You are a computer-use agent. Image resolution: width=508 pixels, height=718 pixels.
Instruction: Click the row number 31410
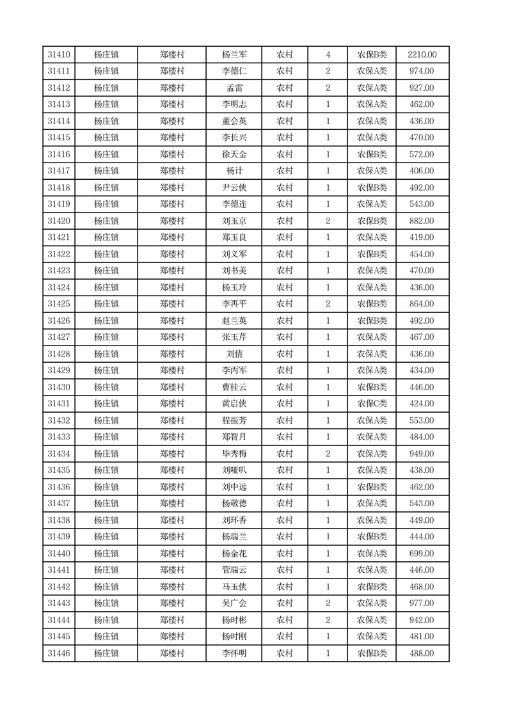pos(59,55)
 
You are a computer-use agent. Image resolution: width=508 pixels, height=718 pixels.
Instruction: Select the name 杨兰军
pos(234,55)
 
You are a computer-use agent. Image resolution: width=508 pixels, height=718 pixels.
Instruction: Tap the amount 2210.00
pos(422,55)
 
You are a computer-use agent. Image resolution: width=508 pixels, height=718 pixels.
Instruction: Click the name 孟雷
pos(234,88)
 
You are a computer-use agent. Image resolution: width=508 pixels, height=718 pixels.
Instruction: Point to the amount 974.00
pos(422,72)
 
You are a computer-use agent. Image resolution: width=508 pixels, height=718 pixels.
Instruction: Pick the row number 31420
pos(59,221)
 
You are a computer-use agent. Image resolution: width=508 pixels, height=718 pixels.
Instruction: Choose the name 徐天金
pos(234,154)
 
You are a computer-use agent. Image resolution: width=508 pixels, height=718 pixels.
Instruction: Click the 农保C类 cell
pos(372,404)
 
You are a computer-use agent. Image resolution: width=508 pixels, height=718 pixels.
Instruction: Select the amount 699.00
pos(422,554)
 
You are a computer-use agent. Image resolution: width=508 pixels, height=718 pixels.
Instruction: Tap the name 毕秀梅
pos(234,454)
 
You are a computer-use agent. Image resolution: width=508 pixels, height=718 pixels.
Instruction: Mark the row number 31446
pos(59,653)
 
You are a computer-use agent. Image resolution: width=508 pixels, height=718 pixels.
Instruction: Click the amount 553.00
pos(422,420)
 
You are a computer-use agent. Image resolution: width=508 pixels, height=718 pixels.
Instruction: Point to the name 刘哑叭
pos(234,470)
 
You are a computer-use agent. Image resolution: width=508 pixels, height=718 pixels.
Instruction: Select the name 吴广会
pos(234,603)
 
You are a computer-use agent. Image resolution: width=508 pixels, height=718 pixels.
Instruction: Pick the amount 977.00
pos(422,603)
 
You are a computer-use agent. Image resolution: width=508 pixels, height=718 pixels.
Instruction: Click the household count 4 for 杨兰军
pos(328,55)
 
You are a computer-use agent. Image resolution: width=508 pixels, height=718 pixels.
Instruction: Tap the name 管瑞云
pos(234,570)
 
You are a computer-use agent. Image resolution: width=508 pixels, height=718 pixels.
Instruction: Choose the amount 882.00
pos(422,221)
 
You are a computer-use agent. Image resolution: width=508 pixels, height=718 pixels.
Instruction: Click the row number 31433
pos(59,437)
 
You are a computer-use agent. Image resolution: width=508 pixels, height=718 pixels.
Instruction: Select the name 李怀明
pos(234,653)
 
